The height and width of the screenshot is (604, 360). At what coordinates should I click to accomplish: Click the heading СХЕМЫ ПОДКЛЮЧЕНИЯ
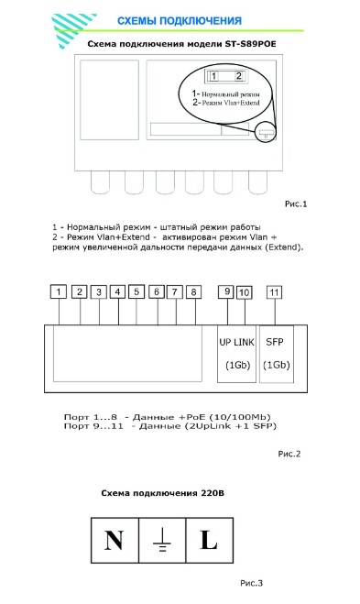180,21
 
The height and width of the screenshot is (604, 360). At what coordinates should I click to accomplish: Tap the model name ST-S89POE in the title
251,43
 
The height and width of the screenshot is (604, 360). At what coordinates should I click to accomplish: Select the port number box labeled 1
59,291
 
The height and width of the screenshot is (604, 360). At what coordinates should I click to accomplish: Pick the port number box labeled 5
136,291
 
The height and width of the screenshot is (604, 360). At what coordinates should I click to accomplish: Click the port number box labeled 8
193,292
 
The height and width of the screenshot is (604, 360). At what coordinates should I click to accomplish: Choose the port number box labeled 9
227,291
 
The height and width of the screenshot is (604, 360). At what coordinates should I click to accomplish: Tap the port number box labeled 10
244,292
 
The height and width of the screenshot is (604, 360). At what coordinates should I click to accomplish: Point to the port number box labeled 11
274,292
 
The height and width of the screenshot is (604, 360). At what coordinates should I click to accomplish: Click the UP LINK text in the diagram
236,342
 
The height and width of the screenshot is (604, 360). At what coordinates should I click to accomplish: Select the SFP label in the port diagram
275,342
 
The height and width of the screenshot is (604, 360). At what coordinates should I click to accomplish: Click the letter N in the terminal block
114,540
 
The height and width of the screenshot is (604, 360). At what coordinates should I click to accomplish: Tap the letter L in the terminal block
209,540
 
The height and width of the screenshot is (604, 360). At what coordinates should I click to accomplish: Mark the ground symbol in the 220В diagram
162,540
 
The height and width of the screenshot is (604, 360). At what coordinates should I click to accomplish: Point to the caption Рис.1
296,203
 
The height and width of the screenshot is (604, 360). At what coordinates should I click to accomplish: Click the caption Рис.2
289,454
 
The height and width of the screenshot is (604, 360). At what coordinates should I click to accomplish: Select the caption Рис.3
251,583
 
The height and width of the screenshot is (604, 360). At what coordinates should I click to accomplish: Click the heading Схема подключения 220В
162,493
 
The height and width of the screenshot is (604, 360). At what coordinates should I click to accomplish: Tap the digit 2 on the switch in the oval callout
238,76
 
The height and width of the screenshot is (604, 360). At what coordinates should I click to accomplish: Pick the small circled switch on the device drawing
266,132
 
